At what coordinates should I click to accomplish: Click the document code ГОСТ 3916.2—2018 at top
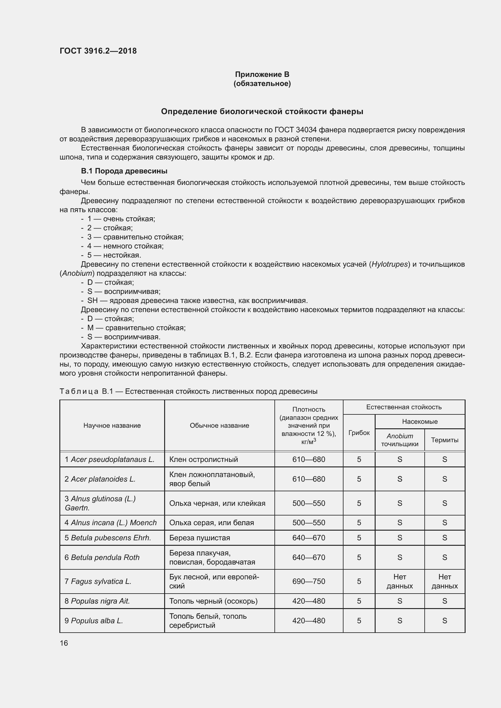click(x=98, y=51)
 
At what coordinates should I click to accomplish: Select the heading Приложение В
click(x=262, y=74)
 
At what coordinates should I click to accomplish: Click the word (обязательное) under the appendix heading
click(x=262, y=84)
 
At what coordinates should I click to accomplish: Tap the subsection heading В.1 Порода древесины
click(x=124, y=171)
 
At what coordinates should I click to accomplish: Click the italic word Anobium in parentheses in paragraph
click(x=77, y=273)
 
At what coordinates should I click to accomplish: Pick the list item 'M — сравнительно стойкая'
click(x=136, y=328)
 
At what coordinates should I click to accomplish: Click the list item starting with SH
click(x=197, y=300)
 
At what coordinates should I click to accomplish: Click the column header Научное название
click(x=112, y=426)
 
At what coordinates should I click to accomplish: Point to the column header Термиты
click(x=444, y=440)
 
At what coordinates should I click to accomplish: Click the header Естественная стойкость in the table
click(x=403, y=407)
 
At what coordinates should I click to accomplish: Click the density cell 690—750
click(x=308, y=581)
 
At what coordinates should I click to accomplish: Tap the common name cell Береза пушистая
click(x=200, y=538)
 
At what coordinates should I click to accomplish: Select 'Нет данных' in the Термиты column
click(x=444, y=581)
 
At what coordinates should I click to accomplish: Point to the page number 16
click(x=64, y=643)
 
